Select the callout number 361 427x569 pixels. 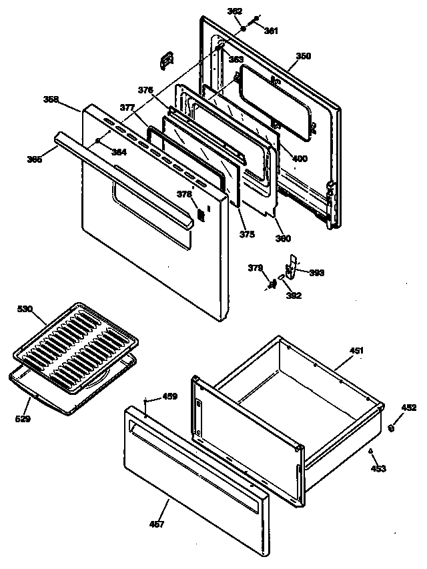[271, 31]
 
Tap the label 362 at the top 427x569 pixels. [235, 11]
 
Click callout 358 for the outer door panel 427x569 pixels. [51, 99]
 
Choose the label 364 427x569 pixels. [119, 152]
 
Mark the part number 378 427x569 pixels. [183, 195]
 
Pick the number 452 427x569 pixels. [408, 406]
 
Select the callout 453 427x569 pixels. [379, 469]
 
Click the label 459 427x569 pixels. [170, 396]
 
